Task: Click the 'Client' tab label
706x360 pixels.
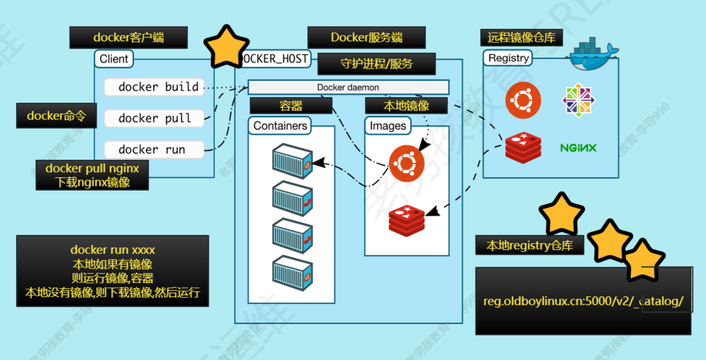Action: [x=114, y=59]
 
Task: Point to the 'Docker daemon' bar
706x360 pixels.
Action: [x=348, y=87]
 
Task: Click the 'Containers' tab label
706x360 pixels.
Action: [x=280, y=126]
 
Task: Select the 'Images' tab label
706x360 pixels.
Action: [x=388, y=126]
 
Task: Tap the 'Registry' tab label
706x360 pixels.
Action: [x=508, y=58]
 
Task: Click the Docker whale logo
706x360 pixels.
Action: [x=592, y=54]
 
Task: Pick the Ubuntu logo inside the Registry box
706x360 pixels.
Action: [x=523, y=100]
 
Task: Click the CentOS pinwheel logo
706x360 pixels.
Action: [x=578, y=100]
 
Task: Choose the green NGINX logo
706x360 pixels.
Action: [x=578, y=148]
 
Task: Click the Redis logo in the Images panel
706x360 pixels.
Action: [x=407, y=221]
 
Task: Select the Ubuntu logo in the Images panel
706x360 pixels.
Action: [x=407, y=163]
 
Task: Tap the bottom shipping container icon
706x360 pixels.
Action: [x=292, y=273]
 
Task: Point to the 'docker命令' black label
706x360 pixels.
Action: [x=56, y=116]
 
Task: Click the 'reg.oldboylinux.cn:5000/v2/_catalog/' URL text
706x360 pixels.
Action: [x=583, y=301]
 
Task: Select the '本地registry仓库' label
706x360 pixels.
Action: [x=530, y=245]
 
